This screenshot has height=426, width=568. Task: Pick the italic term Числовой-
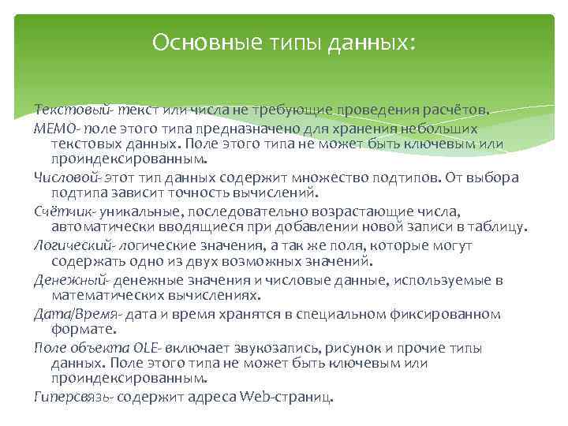[x=65, y=177]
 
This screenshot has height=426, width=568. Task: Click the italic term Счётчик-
[x=62, y=211]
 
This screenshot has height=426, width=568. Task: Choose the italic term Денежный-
[x=69, y=280]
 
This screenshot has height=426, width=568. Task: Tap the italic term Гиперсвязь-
[x=73, y=397]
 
